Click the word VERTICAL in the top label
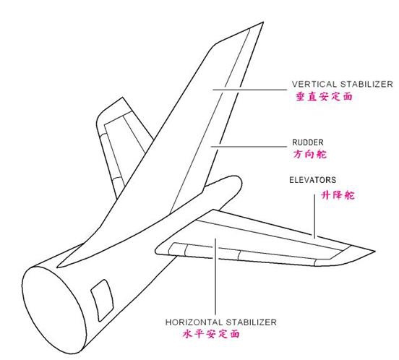click(314, 84)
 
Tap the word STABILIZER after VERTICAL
click(366, 84)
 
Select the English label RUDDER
click(308, 142)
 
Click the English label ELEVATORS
click(312, 180)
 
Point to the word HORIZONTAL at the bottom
click(194, 322)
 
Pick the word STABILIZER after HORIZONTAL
click(251, 322)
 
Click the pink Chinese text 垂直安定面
click(324, 97)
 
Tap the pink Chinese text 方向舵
click(309, 155)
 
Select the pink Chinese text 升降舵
click(338, 195)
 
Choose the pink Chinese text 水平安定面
click(211, 333)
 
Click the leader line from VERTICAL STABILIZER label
click(250, 90)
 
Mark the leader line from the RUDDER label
click(249, 147)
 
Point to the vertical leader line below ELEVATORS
click(314, 215)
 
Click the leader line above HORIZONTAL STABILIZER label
click(215, 277)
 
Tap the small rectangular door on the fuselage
click(102, 300)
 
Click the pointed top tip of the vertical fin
click(263, 22)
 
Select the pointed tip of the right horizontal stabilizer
click(374, 252)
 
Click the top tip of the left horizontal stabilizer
click(123, 98)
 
